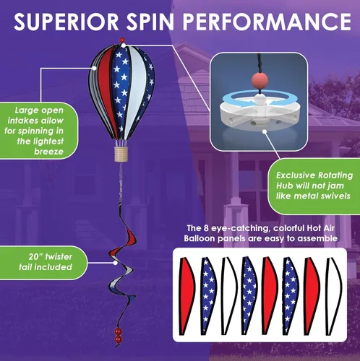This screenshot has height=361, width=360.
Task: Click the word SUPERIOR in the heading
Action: point(67,22)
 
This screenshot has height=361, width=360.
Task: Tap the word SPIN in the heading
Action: point(150,22)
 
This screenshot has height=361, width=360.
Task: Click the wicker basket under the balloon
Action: point(121,155)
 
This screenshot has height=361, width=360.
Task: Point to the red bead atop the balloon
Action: point(122,40)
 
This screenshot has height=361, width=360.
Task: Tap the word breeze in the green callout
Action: point(48,152)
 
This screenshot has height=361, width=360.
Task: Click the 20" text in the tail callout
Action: point(35,256)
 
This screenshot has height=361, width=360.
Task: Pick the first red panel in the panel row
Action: point(187,296)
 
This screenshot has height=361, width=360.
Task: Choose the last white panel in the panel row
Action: point(334,296)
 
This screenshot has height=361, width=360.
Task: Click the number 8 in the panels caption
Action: point(205,228)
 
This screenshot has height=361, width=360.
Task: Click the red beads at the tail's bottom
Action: point(118,335)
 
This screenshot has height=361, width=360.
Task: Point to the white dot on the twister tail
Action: point(116,263)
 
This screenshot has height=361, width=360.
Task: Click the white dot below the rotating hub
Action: point(265,131)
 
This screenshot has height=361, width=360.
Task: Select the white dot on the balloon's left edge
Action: point(94,69)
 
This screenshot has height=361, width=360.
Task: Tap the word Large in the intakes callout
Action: point(25,110)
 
